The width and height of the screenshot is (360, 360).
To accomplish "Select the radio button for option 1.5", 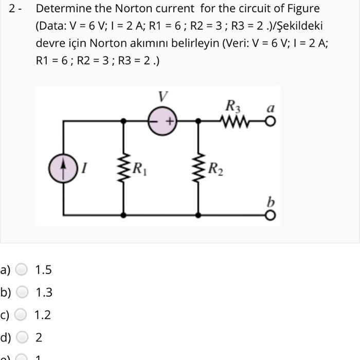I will coord(22,270).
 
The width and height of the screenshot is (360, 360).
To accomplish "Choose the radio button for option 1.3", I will coord(22,293).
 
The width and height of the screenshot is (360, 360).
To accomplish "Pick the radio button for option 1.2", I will coord(22,315).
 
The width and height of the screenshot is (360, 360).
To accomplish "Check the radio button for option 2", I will coord(22,337).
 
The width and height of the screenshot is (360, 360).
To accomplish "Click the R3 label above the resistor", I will coord(232,106).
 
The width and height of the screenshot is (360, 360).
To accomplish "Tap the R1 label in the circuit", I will coord(140,168).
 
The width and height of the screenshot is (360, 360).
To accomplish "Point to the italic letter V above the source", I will coord(163,96).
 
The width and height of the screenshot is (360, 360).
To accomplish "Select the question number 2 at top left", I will coord(13,9).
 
